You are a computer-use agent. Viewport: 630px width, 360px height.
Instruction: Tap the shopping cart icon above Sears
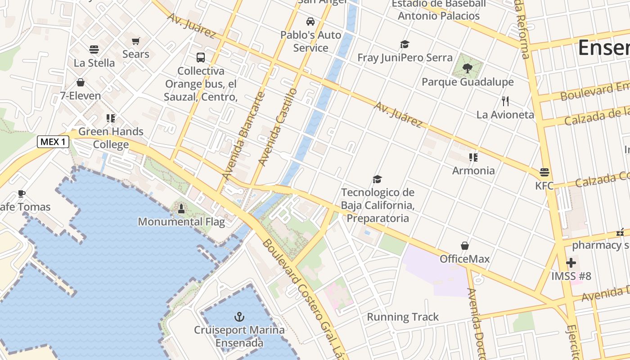pyautogui.click(x=136, y=41)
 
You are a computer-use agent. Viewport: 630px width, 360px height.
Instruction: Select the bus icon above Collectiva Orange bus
pyautogui.click(x=201, y=58)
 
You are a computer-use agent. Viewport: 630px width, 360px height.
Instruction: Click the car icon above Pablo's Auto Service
pyautogui.click(x=310, y=21)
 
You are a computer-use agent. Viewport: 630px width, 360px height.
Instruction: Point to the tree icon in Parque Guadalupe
pyautogui.click(x=468, y=68)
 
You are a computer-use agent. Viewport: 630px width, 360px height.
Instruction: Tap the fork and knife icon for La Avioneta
pyautogui.click(x=505, y=101)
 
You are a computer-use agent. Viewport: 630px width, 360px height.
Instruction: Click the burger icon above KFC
pyautogui.click(x=544, y=172)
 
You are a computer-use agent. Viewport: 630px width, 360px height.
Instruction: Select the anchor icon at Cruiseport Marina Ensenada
pyautogui.click(x=239, y=316)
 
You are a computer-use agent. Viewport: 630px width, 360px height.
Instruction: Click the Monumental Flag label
pyautogui.click(x=181, y=221)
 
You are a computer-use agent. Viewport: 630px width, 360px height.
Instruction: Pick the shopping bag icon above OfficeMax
pyautogui.click(x=465, y=246)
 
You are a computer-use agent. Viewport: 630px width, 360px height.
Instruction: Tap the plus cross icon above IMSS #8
pyautogui.click(x=571, y=262)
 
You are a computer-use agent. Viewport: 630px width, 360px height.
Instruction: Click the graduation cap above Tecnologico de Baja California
pyautogui.click(x=377, y=179)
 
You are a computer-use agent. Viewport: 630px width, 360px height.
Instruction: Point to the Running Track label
pyautogui.click(x=402, y=317)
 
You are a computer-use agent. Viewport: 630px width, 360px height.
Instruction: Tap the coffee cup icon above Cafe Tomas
pyautogui.click(x=21, y=193)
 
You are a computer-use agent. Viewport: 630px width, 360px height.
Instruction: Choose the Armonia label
pyautogui.click(x=473, y=171)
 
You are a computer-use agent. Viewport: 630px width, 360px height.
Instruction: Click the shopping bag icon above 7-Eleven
pyautogui.click(x=81, y=82)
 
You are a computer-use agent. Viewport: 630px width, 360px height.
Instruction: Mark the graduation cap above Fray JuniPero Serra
pyautogui.click(x=405, y=44)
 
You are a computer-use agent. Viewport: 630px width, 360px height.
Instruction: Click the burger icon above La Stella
pyautogui.click(x=94, y=49)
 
